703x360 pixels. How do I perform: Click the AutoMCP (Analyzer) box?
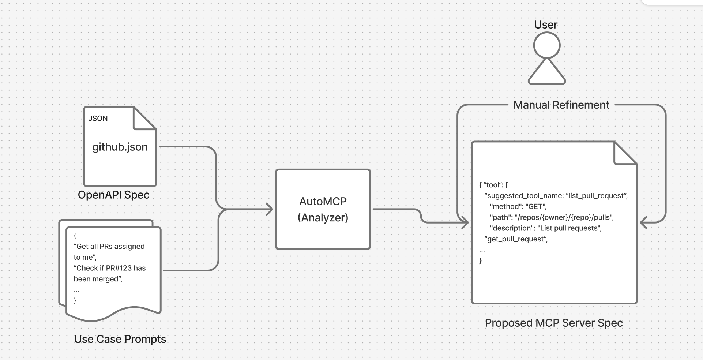[x=323, y=209]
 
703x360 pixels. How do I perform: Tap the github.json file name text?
[x=120, y=147]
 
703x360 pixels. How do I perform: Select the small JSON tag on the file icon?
[x=98, y=119]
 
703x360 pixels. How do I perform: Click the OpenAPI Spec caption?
[x=113, y=195]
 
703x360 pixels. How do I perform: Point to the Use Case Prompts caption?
[x=120, y=339]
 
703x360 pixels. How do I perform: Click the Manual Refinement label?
[x=561, y=105]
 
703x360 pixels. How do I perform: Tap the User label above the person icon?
[x=546, y=25]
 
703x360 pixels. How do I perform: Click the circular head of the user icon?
[x=547, y=45]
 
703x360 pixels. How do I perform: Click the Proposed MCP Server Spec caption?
[x=553, y=323]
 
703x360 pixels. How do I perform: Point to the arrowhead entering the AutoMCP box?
[x=270, y=210]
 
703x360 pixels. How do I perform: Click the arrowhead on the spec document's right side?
[x=644, y=222]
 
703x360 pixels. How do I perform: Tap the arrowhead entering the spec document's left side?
[x=466, y=222]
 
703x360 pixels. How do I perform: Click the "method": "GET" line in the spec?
[x=518, y=206]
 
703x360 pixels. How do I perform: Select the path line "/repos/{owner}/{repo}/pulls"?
[x=552, y=217]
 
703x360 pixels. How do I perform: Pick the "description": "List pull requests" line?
[x=546, y=228]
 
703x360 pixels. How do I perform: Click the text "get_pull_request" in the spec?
[x=516, y=239]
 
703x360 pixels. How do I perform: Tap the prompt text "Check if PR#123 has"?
[x=110, y=268]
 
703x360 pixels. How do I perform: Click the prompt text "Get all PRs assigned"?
[x=109, y=247]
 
